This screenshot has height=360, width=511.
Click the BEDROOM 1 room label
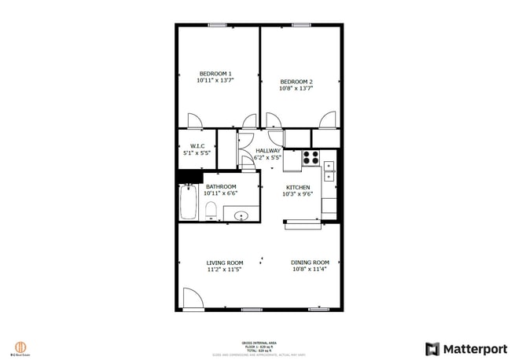(215, 74)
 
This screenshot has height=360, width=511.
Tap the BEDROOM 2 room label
(296, 82)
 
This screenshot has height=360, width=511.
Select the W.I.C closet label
(197, 145)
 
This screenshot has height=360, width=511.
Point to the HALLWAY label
(267, 150)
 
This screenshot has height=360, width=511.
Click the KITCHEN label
(297, 187)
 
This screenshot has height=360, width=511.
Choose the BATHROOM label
(220, 186)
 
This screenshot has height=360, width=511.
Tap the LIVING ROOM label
(224, 263)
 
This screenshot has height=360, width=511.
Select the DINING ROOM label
(310, 262)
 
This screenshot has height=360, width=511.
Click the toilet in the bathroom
(211, 210)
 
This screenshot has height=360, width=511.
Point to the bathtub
(189, 203)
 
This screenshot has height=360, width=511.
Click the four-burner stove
(310, 156)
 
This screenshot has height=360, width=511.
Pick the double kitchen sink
(329, 171)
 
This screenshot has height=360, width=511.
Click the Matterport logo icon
(432, 348)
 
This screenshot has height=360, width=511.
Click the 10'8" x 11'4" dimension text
(310, 269)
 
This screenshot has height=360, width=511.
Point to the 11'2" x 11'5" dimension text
(224, 270)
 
